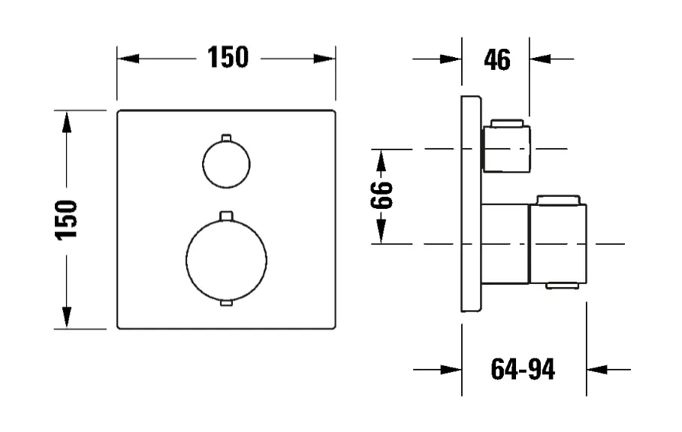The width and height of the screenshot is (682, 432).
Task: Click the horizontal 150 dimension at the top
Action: (x=227, y=58)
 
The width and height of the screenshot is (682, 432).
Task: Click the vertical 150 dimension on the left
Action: (x=68, y=219)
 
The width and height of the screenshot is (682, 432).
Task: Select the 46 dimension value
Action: (x=496, y=59)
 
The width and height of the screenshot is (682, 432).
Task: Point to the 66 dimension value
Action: (x=382, y=196)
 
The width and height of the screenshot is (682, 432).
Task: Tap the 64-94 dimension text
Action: (x=523, y=369)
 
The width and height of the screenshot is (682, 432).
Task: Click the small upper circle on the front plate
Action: (x=225, y=165)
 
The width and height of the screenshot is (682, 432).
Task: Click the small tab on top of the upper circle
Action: (x=226, y=137)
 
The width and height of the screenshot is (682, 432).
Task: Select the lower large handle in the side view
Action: (x=556, y=241)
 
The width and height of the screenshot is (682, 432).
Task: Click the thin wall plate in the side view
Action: (x=470, y=203)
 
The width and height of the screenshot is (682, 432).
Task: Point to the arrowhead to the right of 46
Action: (x=540, y=58)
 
